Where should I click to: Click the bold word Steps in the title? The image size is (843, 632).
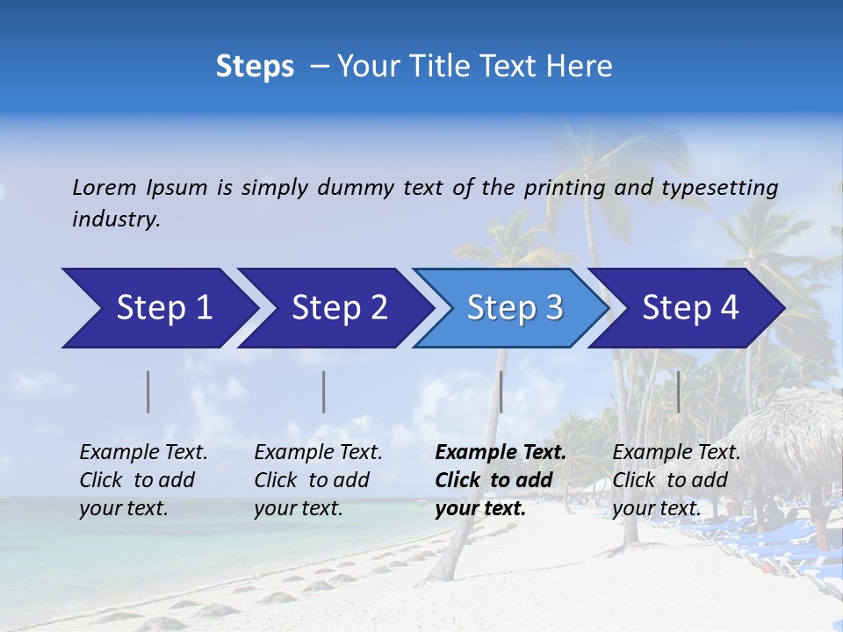click(255, 67)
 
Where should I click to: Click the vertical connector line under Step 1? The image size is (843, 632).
click(148, 391)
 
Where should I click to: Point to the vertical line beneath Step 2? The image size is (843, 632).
click(324, 391)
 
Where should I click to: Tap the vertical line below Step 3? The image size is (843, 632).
click(501, 391)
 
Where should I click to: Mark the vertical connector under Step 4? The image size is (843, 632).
click(678, 391)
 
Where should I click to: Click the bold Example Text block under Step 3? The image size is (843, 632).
click(501, 480)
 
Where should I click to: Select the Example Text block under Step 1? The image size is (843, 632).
click(143, 480)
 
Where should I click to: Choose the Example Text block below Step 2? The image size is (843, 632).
click(318, 480)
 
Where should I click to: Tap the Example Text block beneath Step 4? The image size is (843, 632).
click(676, 480)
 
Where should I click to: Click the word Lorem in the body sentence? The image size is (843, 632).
click(104, 188)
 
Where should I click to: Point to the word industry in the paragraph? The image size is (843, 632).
click(115, 219)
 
